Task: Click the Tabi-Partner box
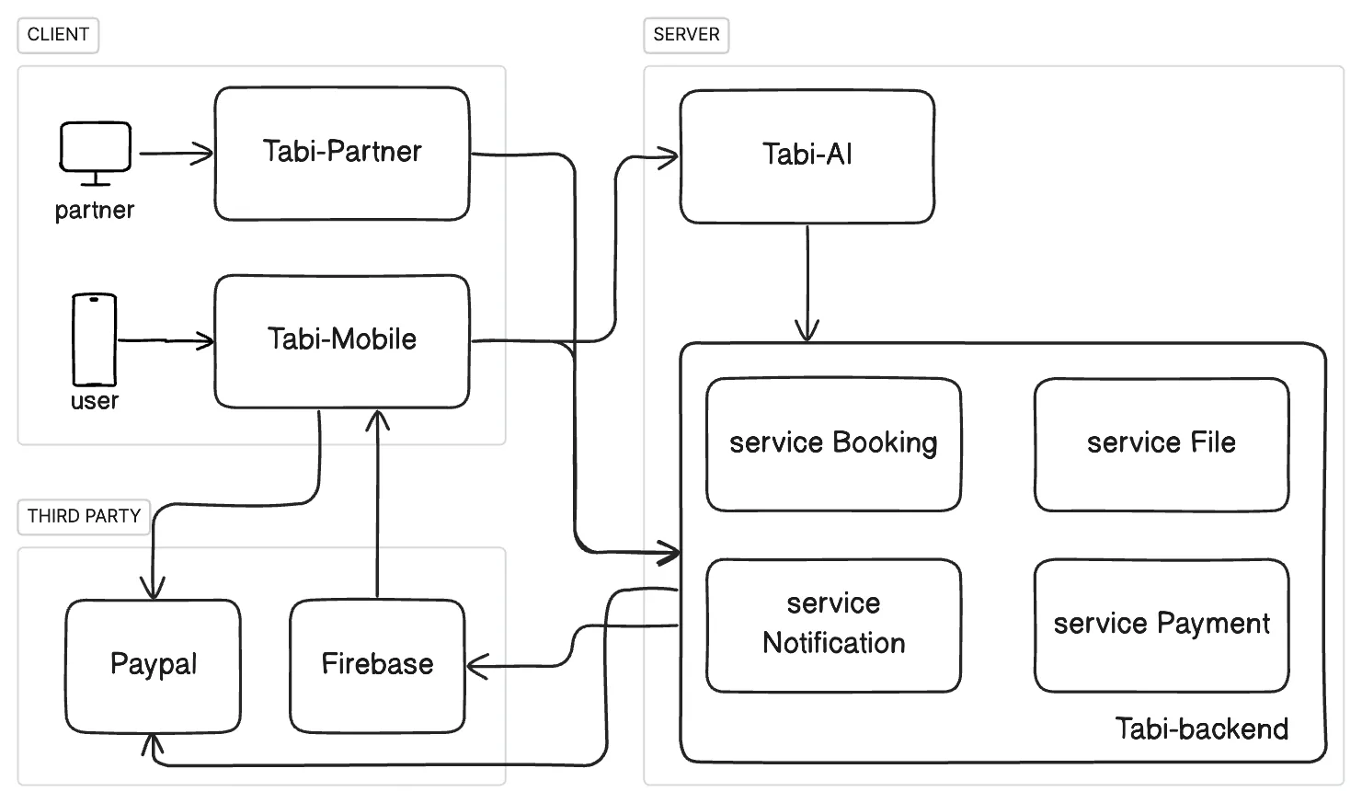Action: (x=342, y=154)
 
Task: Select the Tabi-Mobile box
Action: (x=342, y=340)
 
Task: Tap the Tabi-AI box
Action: (x=807, y=155)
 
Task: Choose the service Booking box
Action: (x=833, y=443)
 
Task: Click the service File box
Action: (x=1161, y=443)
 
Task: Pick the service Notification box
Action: (x=833, y=625)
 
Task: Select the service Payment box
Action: (x=1161, y=625)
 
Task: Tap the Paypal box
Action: (x=153, y=665)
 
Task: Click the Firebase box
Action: (x=377, y=665)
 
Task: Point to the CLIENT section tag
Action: (x=58, y=35)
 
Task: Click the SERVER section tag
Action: (x=686, y=35)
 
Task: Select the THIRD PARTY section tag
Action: (x=84, y=516)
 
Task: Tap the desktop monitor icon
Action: (x=95, y=148)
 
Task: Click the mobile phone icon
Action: (x=95, y=339)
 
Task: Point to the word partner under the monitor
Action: (x=94, y=211)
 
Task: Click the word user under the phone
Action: (x=94, y=402)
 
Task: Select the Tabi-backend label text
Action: (x=1201, y=729)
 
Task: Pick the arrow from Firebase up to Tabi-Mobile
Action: (x=377, y=506)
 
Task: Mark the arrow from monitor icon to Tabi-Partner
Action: (x=175, y=154)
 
